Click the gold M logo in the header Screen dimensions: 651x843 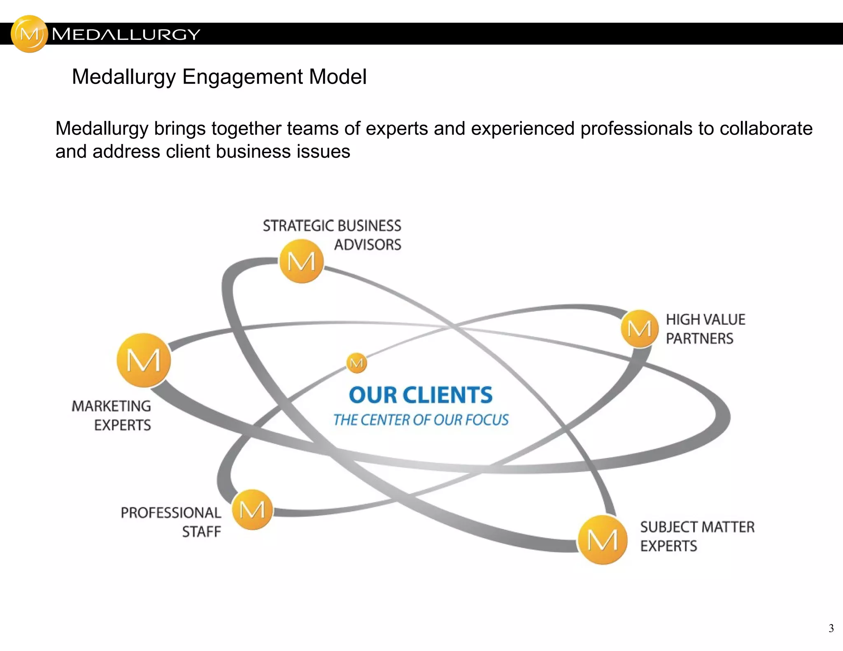tap(29, 34)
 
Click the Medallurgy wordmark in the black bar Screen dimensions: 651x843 tap(126, 34)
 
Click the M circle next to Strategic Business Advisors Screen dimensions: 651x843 tap(301, 261)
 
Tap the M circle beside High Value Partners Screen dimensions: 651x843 tap(639, 329)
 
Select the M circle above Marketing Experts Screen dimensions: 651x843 tap(144, 360)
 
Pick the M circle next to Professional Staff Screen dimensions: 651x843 tap(252, 509)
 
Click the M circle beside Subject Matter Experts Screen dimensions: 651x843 tap(602, 539)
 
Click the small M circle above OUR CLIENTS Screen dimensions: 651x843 tap(356, 363)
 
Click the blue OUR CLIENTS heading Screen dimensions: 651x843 tap(420, 395)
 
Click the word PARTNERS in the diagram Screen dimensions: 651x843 tap(699, 339)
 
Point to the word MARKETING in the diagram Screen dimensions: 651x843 tap(111, 406)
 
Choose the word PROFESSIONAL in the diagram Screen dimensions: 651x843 tap(171, 513)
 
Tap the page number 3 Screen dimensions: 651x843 tap(831, 628)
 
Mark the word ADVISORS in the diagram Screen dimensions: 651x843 tap(367, 245)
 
